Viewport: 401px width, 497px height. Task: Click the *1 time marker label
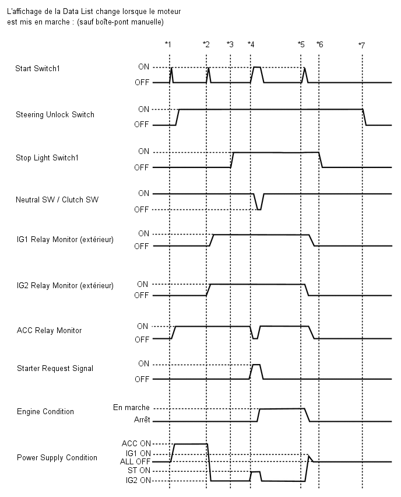point(168,44)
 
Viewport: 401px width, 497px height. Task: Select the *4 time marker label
point(251,44)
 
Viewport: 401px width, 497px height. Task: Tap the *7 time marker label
point(361,45)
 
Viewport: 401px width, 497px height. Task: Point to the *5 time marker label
point(301,44)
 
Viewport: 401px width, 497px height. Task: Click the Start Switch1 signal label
point(37,68)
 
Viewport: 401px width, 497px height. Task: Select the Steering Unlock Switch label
point(55,114)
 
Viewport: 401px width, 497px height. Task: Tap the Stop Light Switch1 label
point(47,158)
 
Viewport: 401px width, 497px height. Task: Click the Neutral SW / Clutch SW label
point(57,199)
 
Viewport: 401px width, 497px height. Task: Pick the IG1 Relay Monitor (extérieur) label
point(65,239)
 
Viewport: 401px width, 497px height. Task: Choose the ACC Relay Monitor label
point(49,330)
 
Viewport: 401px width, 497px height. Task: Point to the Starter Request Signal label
point(55,368)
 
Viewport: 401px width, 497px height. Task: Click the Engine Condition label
point(45,411)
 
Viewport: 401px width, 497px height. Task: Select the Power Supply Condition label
point(57,457)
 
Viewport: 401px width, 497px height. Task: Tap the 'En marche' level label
point(131,407)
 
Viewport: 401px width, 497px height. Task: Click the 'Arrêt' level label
point(142,419)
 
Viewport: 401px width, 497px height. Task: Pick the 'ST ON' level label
point(139,470)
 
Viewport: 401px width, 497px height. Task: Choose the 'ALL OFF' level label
point(135,461)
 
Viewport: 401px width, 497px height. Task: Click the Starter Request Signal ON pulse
point(256,372)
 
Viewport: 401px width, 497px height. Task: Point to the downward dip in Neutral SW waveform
point(259,202)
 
